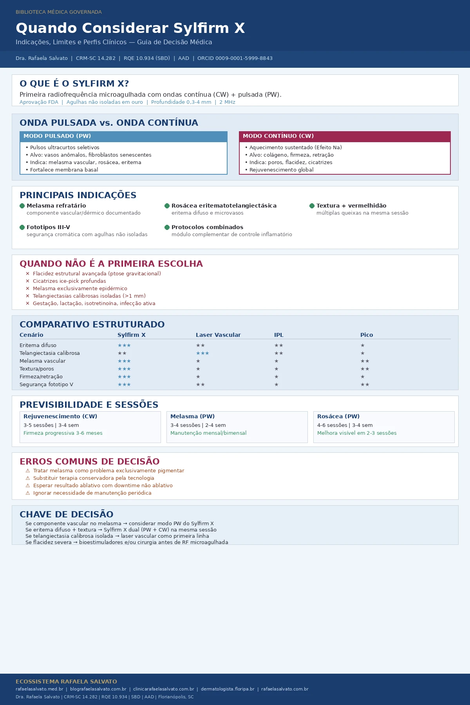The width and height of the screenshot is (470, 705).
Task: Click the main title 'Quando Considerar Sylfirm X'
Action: pos(130,28)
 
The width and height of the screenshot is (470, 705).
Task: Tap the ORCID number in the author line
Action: pos(235,58)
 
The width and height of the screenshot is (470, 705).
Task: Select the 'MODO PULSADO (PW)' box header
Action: pos(123,136)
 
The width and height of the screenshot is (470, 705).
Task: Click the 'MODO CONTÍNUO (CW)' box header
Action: pos(345,136)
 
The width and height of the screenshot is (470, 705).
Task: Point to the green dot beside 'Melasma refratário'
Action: pos(22,206)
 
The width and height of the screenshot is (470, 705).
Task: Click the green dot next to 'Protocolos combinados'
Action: pos(167,227)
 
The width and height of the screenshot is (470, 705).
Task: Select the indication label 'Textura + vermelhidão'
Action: pos(351,206)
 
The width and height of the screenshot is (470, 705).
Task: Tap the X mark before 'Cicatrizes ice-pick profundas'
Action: pos(27,281)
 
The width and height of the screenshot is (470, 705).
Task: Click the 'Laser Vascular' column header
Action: pos(218,335)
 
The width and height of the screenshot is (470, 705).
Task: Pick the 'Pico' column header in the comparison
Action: pos(367,335)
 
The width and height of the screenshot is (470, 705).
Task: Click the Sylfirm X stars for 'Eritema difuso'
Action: pos(124,345)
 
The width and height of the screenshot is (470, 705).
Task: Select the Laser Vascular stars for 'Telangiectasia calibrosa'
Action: pos(202,353)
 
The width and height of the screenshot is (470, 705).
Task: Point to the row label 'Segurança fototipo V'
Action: pos(46,385)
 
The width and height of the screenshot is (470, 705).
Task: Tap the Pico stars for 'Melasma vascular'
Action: pos(365,361)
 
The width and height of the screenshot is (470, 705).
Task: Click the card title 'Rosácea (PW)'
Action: pos(338,416)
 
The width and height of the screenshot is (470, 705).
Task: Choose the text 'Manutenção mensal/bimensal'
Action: pos(208,433)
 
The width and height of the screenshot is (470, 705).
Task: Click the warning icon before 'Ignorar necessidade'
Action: pos(28,493)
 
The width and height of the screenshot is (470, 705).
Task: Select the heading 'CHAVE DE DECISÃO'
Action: pos(67,514)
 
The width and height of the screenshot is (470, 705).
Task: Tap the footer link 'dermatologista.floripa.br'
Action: pos(228,689)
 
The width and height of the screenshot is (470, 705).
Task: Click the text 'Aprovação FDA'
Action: pos(39,102)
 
